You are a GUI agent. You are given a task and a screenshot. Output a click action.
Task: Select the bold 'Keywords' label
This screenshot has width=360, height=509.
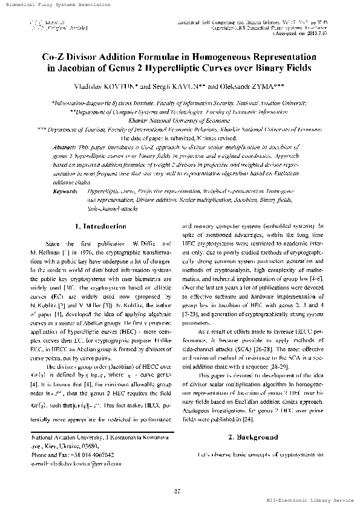pyautogui.click(x=66, y=174)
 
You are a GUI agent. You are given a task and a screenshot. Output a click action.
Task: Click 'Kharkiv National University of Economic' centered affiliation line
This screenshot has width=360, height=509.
pyautogui.click(x=180, y=120)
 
